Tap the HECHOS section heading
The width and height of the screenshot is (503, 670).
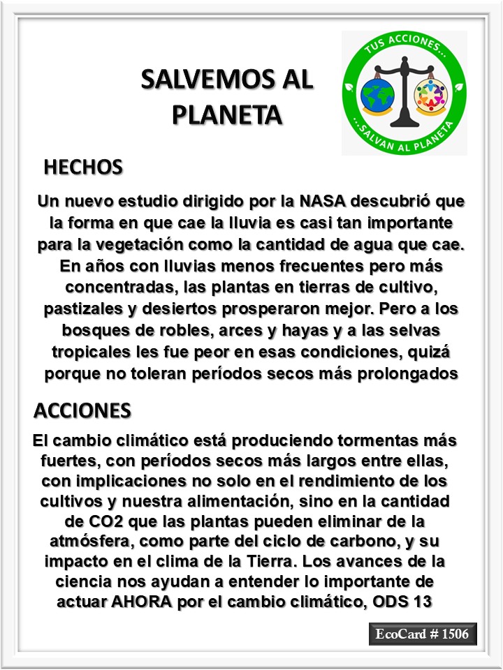pyautogui.click(x=83, y=167)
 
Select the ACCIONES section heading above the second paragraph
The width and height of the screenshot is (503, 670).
pyautogui.click(x=82, y=410)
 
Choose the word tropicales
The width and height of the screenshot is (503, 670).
pyautogui.click(x=82, y=352)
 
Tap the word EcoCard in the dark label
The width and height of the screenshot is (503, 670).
pyautogui.click(x=400, y=634)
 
